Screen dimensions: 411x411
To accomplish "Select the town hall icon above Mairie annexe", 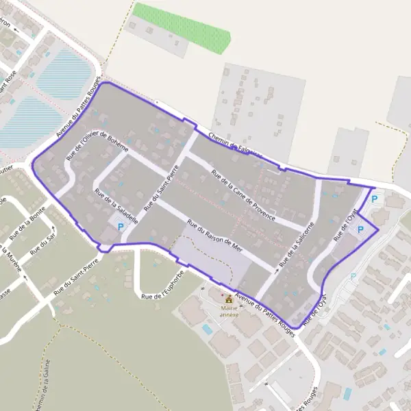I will coord(228,299).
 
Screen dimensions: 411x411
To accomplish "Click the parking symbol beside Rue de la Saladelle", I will coord(121,226).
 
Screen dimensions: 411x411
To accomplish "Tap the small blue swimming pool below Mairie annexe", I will coord(207,329).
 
